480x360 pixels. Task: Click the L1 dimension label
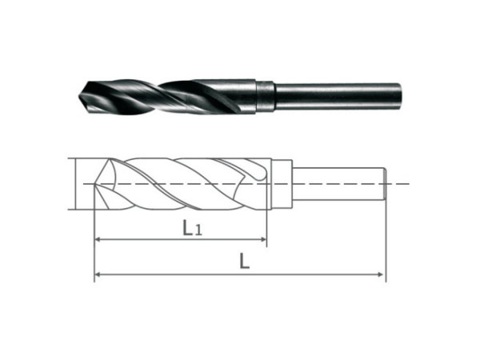(x=192, y=228)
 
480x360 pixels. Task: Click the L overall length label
(x=244, y=262)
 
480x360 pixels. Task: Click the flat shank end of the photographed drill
(x=399, y=97)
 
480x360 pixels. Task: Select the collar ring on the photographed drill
(x=265, y=96)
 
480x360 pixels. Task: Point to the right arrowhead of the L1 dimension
(x=263, y=239)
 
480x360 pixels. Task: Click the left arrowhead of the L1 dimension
(x=98, y=239)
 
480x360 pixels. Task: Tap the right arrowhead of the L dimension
(x=381, y=274)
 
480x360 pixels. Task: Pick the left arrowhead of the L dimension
(x=98, y=274)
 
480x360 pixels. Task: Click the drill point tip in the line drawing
(x=95, y=184)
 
